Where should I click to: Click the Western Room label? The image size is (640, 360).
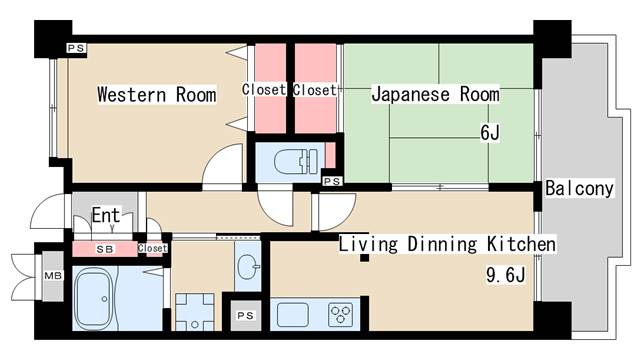click(156, 96)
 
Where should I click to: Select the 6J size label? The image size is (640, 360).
click(489, 131)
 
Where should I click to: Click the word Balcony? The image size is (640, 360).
click(579, 188)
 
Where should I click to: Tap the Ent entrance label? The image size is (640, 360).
click(106, 215)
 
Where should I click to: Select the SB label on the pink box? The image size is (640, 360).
click(103, 248)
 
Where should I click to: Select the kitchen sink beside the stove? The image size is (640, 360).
click(294, 315)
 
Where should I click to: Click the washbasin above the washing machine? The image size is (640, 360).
click(249, 267)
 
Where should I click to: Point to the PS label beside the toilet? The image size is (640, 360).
click(332, 181)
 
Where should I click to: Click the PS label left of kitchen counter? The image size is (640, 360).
click(245, 316)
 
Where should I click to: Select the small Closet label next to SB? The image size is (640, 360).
click(152, 248)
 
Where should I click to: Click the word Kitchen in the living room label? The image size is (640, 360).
click(518, 245)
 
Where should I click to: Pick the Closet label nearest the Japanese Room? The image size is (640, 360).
click(314, 90)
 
